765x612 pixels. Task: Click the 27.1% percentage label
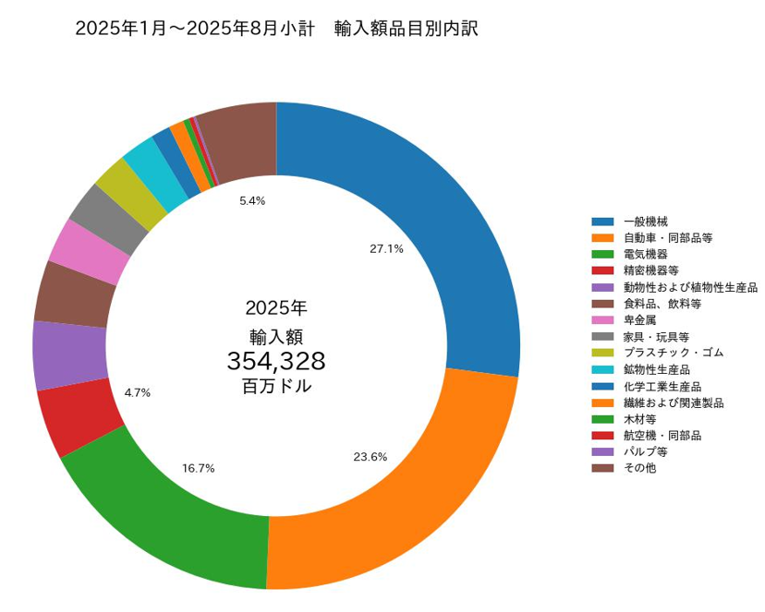[x=386, y=248]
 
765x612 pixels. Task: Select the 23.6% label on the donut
[x=370, y=457]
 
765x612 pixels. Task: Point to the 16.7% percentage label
[x=199, y=468]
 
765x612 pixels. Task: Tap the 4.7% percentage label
[x=137, y=392]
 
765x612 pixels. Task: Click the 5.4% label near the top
[x=252, y=200]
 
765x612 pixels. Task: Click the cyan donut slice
[x=144, y=162]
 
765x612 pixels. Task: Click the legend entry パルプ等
[x=645, y=452]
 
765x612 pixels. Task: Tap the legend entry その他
[x=639, y=468]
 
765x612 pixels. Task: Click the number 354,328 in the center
[x=276, y=361]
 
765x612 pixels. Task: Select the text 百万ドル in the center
[x=276, y=387]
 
